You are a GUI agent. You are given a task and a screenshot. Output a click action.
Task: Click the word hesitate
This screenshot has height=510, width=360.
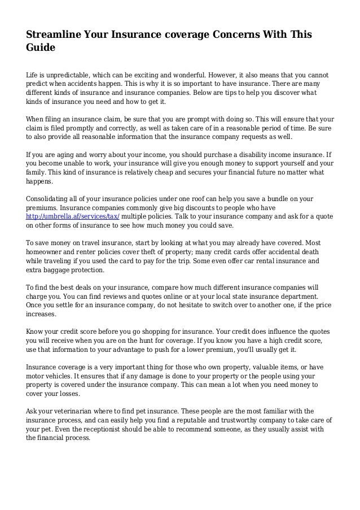coord(183,304)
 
